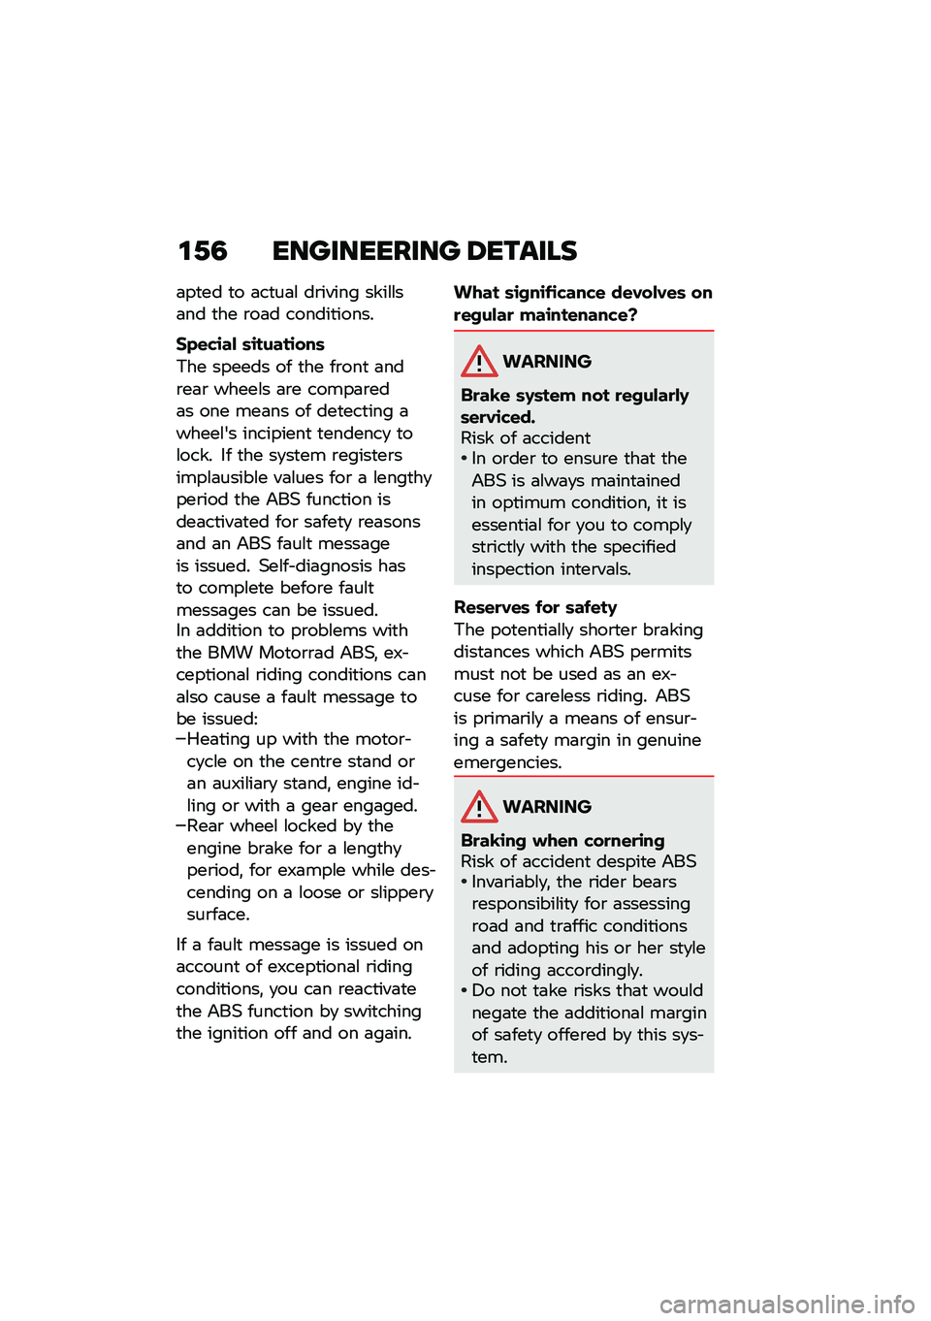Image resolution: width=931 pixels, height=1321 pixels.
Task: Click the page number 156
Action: (x=203, y=251)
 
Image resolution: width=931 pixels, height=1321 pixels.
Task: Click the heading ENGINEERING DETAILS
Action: (x=424, y=251)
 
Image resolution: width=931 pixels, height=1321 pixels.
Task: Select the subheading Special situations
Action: (x=250, y=344)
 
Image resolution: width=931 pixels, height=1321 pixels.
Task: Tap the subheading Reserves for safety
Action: (x=534, y=607)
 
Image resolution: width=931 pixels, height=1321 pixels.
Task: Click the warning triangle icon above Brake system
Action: (x=479, y=362)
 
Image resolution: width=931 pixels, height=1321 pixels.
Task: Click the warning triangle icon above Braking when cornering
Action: (x=479, y=807)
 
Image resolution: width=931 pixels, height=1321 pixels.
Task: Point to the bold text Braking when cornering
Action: (x=562, y=840)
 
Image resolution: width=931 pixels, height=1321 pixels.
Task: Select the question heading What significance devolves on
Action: (x=583, y=293)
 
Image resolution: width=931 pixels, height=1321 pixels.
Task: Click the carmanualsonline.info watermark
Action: (x=787, y=1305)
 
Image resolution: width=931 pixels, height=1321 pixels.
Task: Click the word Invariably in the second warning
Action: (x=510, y=882)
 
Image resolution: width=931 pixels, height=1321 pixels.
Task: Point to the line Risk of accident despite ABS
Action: (x=578, y=861)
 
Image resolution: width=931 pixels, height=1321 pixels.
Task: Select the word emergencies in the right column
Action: (x=507, y=762)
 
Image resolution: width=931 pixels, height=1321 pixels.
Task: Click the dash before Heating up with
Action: (x=180, y=739)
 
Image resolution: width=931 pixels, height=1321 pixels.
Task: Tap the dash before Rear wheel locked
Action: (x=180, y=826)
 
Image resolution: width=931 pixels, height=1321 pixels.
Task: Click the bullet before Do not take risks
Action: (x=465, y=990)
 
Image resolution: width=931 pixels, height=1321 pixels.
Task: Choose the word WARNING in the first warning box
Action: (x=547, y=362)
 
